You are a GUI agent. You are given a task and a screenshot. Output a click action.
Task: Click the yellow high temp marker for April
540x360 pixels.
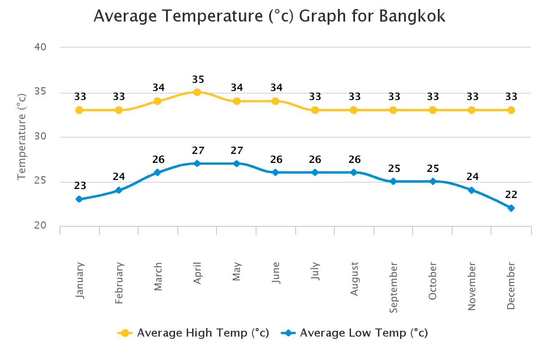197,92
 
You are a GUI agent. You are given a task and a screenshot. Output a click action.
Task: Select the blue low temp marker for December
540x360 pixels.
511,208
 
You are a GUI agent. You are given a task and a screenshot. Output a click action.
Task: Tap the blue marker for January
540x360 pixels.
79,199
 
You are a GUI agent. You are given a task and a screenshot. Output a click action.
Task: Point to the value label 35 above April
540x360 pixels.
198,80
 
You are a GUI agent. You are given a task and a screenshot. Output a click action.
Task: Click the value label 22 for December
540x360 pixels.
511,195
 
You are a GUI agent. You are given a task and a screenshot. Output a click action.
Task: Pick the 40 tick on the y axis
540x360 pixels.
40,47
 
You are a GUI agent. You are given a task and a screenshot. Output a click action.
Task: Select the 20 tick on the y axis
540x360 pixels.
40,225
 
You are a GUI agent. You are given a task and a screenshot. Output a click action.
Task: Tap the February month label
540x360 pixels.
119,283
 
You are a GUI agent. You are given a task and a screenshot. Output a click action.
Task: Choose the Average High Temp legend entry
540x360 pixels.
193,333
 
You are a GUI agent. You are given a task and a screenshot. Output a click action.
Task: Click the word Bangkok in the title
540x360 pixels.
412,16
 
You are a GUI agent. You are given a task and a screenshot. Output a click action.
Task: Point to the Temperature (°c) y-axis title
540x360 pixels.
22,137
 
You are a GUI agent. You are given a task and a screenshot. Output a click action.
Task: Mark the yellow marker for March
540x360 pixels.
157,101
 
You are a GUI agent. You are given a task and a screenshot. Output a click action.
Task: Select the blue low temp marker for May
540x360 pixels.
237,163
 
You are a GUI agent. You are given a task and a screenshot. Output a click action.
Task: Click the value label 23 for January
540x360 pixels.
80,186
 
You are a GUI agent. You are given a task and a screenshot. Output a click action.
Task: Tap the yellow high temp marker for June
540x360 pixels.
275,101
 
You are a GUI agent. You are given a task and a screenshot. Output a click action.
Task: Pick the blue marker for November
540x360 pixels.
472,190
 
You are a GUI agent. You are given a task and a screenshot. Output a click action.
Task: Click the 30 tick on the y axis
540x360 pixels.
40,136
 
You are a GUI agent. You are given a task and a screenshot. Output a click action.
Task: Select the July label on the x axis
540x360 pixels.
315,271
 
